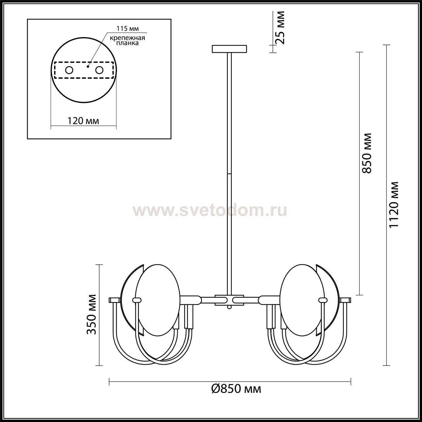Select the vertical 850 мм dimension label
367,153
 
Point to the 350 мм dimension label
91,318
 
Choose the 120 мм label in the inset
83,121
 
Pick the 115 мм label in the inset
128,28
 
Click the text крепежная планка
127,41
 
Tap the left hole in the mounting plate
69,70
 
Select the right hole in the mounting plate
99,70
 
